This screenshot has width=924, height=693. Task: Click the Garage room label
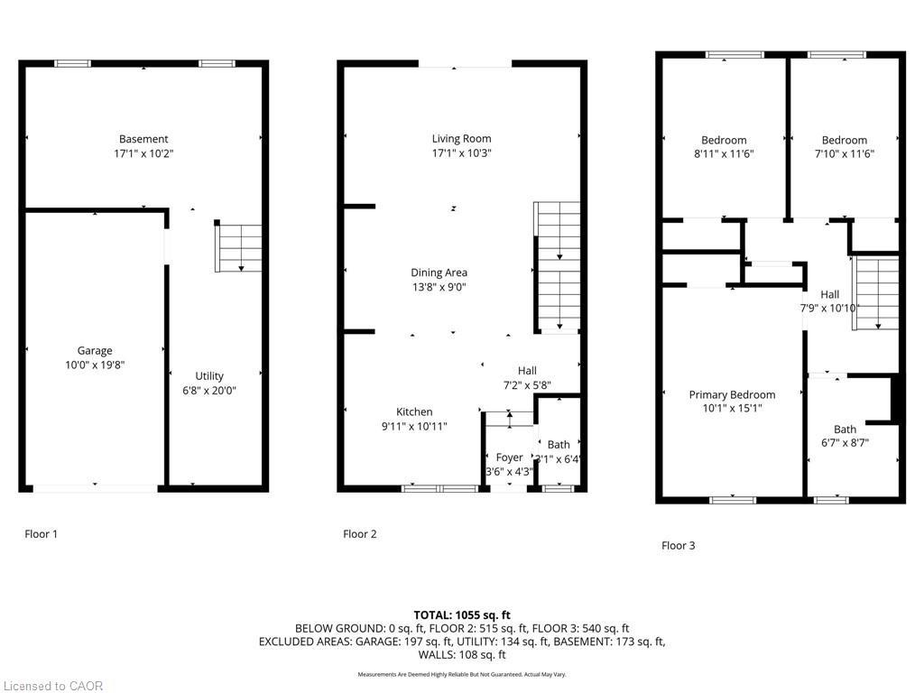(95, 350)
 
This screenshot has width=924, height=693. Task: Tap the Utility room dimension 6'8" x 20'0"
(209, 391)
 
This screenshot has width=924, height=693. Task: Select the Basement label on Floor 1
(143, 139)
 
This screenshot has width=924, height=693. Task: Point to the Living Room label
(461, 139)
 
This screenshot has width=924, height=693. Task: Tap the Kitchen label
(414, 411)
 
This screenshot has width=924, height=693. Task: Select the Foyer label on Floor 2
(509, 458)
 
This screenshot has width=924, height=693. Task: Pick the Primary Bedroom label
(732, 394)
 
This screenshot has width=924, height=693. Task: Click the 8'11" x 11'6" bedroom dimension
(724, 154)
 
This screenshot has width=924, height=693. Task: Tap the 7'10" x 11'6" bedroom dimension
(844, 154)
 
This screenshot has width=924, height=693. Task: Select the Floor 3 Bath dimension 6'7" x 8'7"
(845, 443)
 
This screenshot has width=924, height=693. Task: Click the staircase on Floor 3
(877, 293)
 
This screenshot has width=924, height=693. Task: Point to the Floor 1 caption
(41, 534)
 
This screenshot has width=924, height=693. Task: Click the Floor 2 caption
(360, 534)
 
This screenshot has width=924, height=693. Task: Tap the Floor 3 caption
(679, 545)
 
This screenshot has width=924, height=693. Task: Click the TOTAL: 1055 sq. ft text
(461, 614)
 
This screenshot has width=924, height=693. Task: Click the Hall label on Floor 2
(527, 370)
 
